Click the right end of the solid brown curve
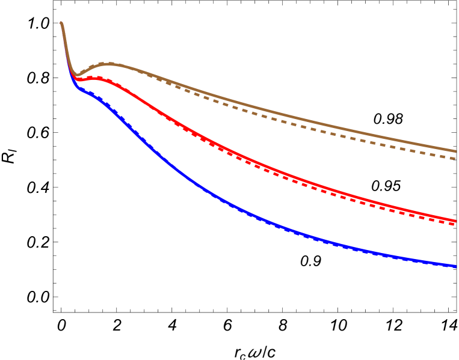(455, 151)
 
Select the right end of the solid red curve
(455, 221)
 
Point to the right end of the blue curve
(455, 266)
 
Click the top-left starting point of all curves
(61, 23)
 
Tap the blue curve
(271, 225)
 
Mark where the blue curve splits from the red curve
(72, 78)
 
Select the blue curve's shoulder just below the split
(90, 93)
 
